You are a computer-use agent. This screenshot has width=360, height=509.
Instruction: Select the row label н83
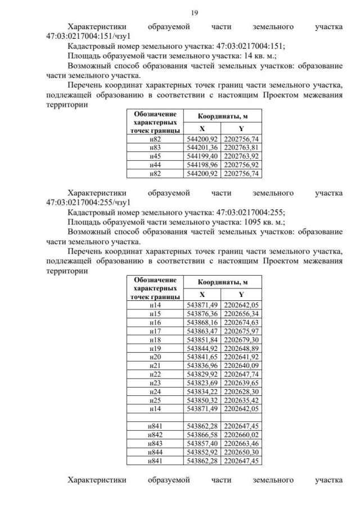(155, 148)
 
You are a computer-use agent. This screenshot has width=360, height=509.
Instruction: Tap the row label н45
(155, 156)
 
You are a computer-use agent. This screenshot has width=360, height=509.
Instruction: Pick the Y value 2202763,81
(241, 148)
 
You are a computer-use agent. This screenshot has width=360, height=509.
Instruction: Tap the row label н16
(155, 322)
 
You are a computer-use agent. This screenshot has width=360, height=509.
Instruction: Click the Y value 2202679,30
(241, 339)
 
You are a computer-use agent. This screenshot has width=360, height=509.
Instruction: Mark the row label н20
(155, 357)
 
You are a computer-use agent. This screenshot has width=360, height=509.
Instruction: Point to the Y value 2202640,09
(241, 365)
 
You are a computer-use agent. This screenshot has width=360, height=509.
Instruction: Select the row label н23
(155, 382)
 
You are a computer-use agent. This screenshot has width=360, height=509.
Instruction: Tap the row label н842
(155, 435)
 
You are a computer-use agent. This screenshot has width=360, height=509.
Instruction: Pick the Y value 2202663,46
(241, 443)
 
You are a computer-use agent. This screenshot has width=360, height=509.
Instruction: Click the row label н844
(155, 452)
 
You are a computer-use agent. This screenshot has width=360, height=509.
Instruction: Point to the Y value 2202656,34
(241, 313)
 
